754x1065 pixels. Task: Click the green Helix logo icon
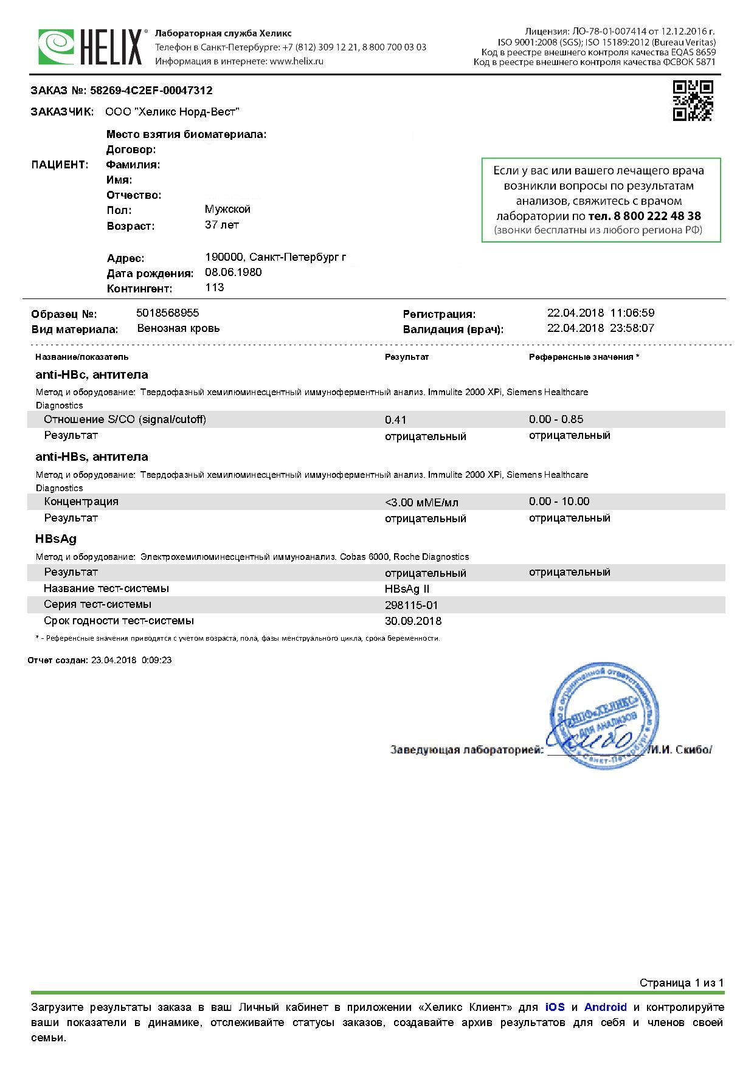[57, 46]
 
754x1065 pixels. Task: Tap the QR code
[693, 100]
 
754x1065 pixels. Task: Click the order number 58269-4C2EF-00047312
[151, 91]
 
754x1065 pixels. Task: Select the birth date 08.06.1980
[233, 272]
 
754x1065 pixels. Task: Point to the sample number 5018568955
[168, 313]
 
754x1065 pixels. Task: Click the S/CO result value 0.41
[396, 420]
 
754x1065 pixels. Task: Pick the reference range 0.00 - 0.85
[556, 419]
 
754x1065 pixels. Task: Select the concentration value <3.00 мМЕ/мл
[421, 503]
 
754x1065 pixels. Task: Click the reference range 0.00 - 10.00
[559, 501]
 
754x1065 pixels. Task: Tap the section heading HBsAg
[56, 539]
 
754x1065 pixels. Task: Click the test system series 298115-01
[411, 605]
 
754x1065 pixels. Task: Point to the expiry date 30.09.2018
[413, 621]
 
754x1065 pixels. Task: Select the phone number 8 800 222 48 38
[645, 216]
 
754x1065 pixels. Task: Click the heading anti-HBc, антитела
[92, 375]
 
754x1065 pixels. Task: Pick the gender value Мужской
[227, 209]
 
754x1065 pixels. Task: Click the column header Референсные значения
[581, 357]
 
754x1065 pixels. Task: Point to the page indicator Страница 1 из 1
[681, 983]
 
